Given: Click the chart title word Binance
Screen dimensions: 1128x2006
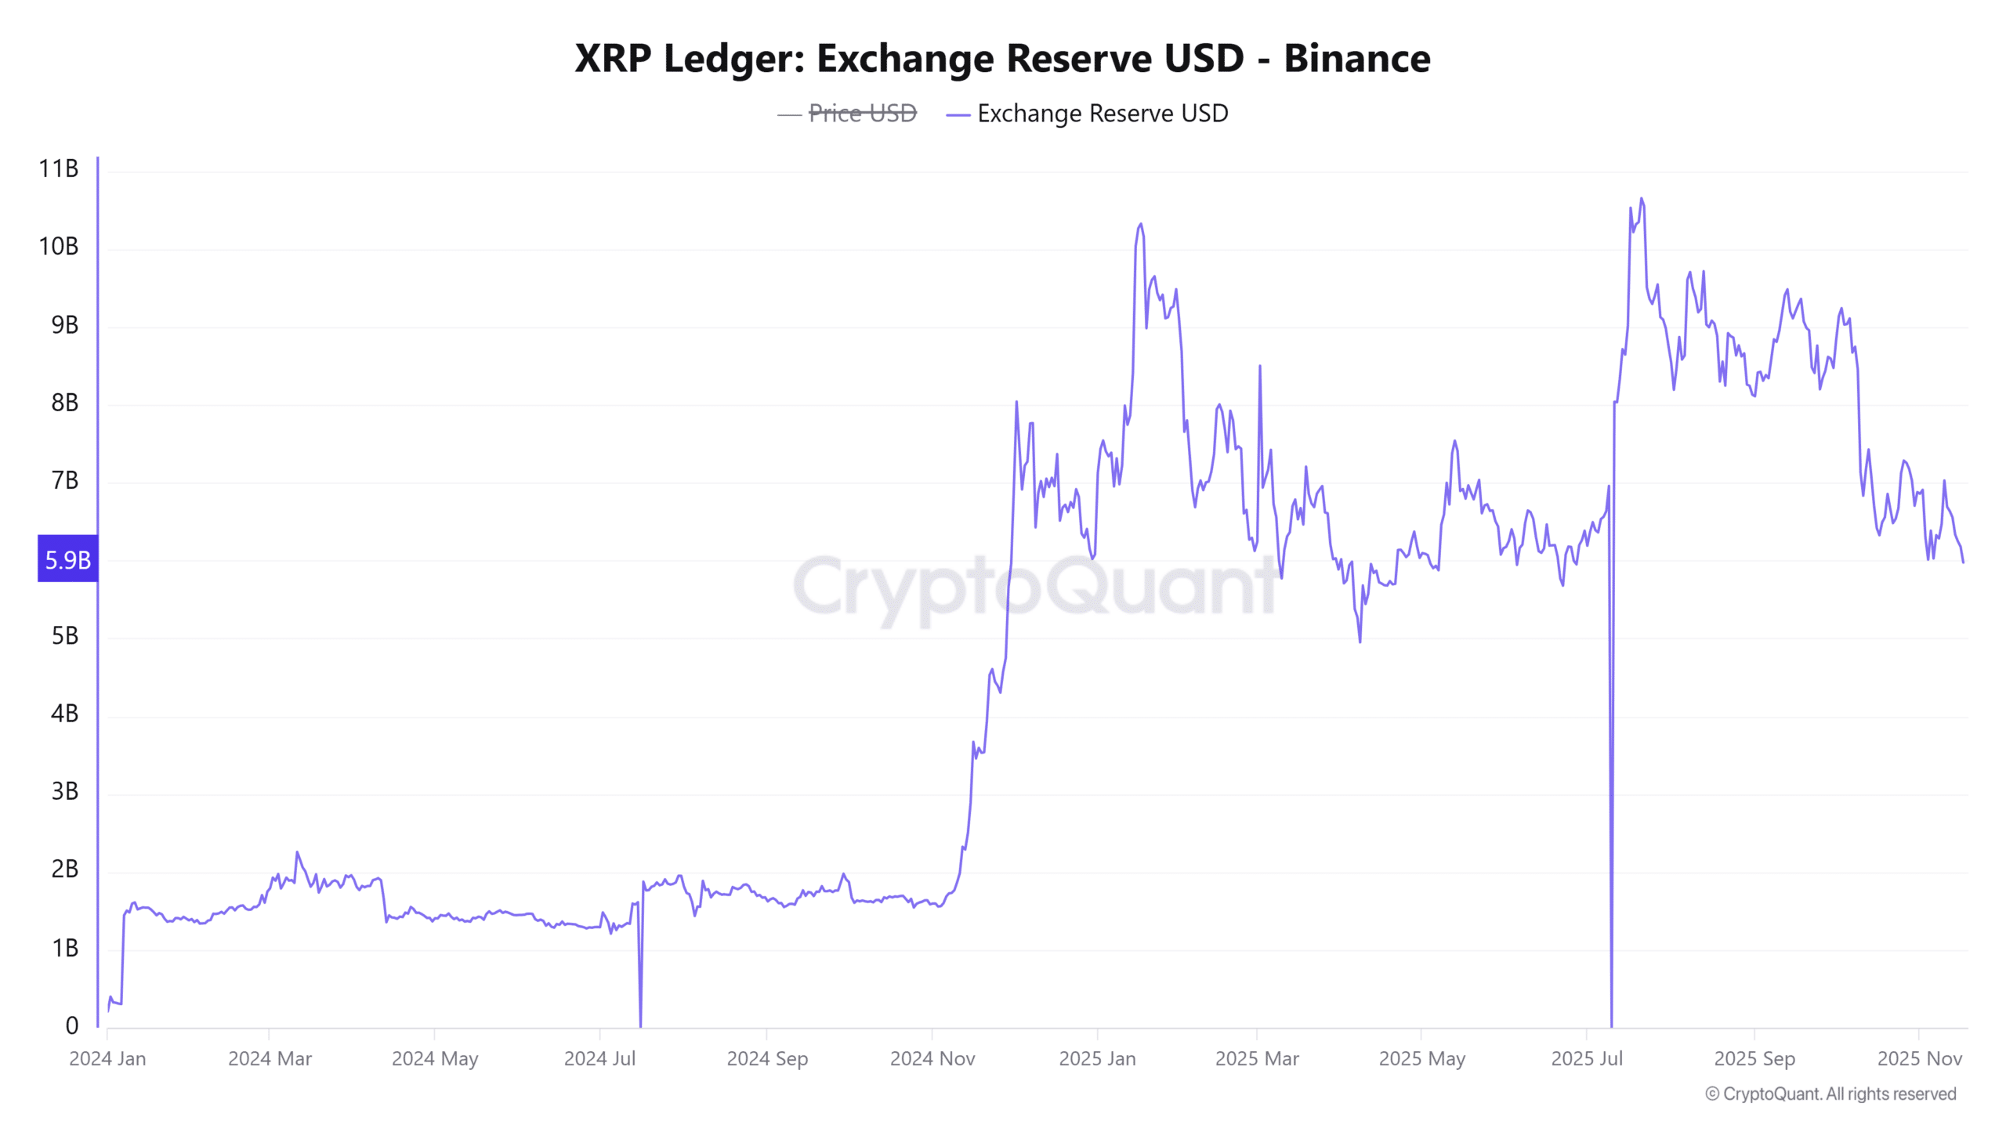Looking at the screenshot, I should [1356, 59].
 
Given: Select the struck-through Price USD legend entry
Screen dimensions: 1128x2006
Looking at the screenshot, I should [861, 114].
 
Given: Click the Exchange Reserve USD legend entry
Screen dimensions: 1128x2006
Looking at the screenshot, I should [1102, 114].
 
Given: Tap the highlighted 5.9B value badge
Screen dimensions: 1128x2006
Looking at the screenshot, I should [68, 559].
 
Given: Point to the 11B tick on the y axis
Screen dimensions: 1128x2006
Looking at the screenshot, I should [59, 168].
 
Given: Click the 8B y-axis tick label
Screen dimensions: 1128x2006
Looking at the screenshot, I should [64, 403].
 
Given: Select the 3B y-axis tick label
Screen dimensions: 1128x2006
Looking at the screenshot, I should [64, 791].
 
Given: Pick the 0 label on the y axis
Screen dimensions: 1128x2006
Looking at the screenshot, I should [71, 1025].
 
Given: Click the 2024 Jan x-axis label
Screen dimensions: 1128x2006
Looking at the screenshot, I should [107, 1059].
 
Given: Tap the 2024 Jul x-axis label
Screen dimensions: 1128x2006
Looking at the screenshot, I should [599, 1059].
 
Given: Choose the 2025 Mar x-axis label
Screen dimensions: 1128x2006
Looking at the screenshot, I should [1257, 1059].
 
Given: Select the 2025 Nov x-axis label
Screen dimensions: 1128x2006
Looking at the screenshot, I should [1919, 1059].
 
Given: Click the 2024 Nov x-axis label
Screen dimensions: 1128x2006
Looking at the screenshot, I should [932, 1059].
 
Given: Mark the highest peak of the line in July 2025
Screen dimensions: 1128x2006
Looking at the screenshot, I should [1642, 199].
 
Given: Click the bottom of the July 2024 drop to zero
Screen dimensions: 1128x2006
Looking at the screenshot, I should [640, 1025].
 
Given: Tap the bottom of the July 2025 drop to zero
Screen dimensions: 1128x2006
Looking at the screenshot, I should [1611, 1025].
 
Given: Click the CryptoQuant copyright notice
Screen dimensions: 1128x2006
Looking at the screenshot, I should [1830, 1094].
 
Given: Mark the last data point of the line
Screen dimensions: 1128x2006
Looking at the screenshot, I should [1963, 562].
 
